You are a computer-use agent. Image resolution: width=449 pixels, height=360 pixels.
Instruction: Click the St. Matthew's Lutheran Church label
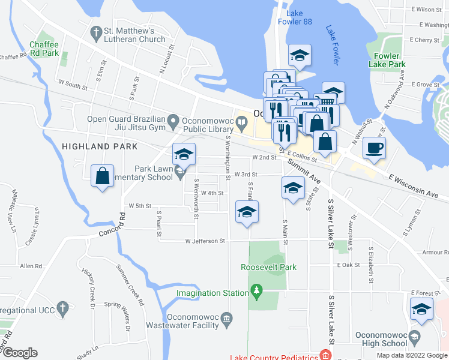pyautogui.click(x=134, y=35)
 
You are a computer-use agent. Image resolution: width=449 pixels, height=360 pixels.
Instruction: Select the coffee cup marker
pyautogui.click(x=374, y=148)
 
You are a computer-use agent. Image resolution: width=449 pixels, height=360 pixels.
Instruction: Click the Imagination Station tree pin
pyautogui.click(x=257, y=290)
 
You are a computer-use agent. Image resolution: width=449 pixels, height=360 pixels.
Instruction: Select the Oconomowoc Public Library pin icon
pyautogui.click(x=241, y=125)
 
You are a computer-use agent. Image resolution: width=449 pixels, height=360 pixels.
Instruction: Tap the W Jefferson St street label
pyautogui.click(x=204, y=241)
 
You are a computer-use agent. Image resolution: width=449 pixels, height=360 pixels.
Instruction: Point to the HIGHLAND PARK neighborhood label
pyautogui.click(x=100, y=146)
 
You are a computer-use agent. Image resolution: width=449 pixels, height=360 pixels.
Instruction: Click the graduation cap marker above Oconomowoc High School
pyautogui.click(x=421, y=310)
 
